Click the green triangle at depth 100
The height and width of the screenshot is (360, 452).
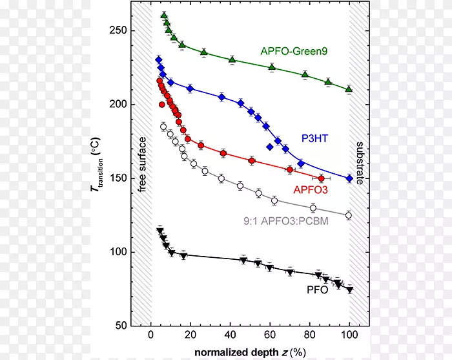coord(349,89)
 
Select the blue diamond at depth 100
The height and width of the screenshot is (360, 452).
coord(349,178)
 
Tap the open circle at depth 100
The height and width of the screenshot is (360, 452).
coord(349,215)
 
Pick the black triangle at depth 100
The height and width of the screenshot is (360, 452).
coord(349,290)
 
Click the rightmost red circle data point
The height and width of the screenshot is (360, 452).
coord(321,178)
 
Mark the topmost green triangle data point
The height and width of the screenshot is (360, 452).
coord(164,15)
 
